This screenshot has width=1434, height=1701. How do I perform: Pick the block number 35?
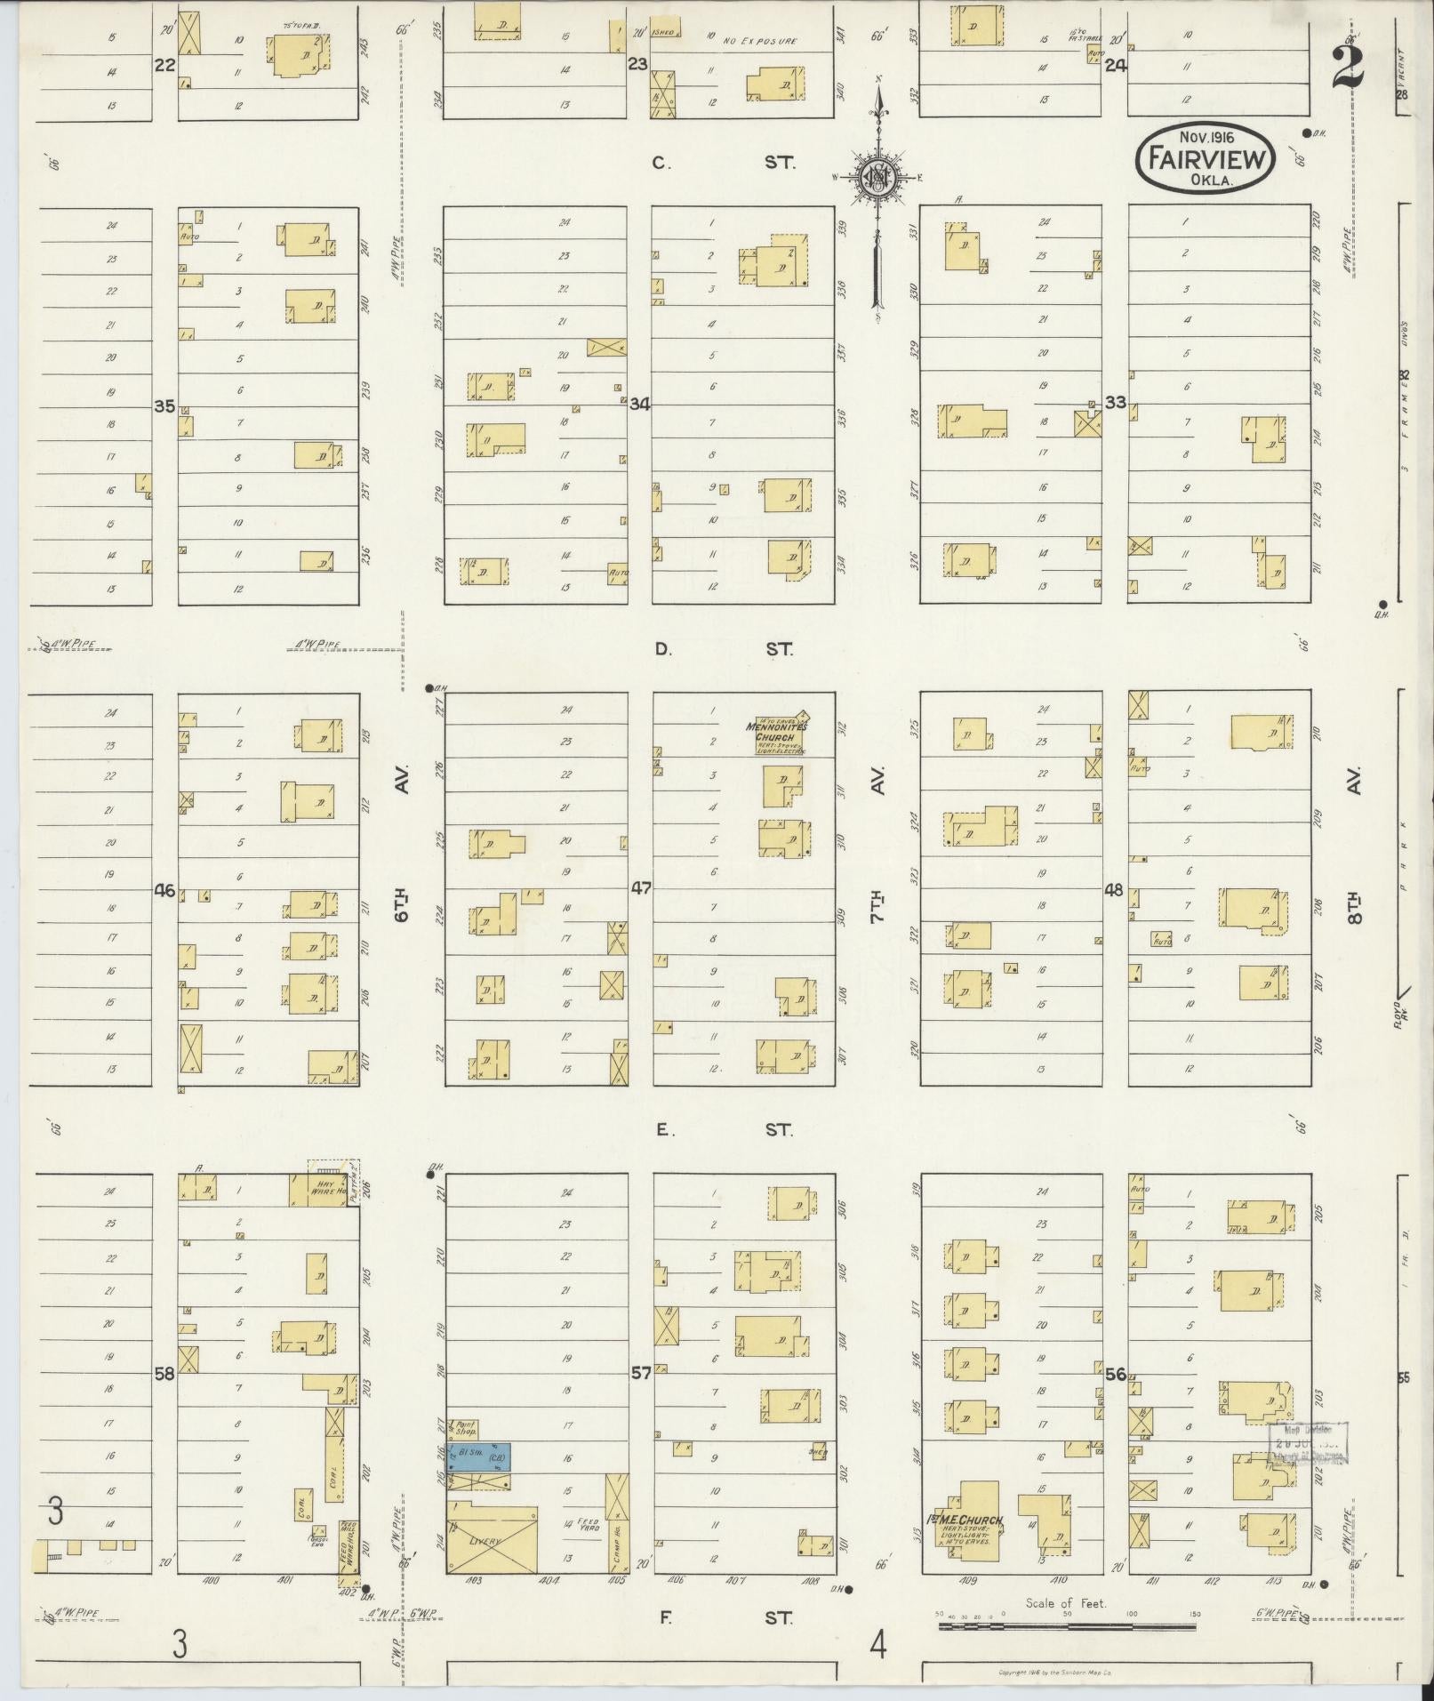click(164, 405)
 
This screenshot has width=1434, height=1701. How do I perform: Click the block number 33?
click(1115, 402)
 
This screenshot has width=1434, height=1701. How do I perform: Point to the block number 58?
click(164, 1373)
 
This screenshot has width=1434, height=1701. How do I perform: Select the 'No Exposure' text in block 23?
click(759, 41)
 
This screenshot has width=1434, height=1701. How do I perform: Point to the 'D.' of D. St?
click(663, 649)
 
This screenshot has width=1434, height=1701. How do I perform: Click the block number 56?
click(1116, 1374)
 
